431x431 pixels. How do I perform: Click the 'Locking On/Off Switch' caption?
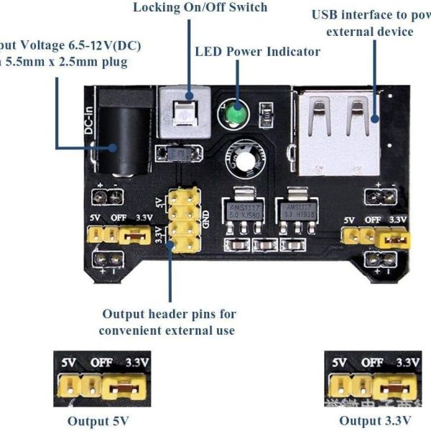point(190,8)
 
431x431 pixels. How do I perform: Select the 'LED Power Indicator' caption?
point(257,52)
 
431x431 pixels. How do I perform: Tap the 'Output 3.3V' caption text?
point(375,420)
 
